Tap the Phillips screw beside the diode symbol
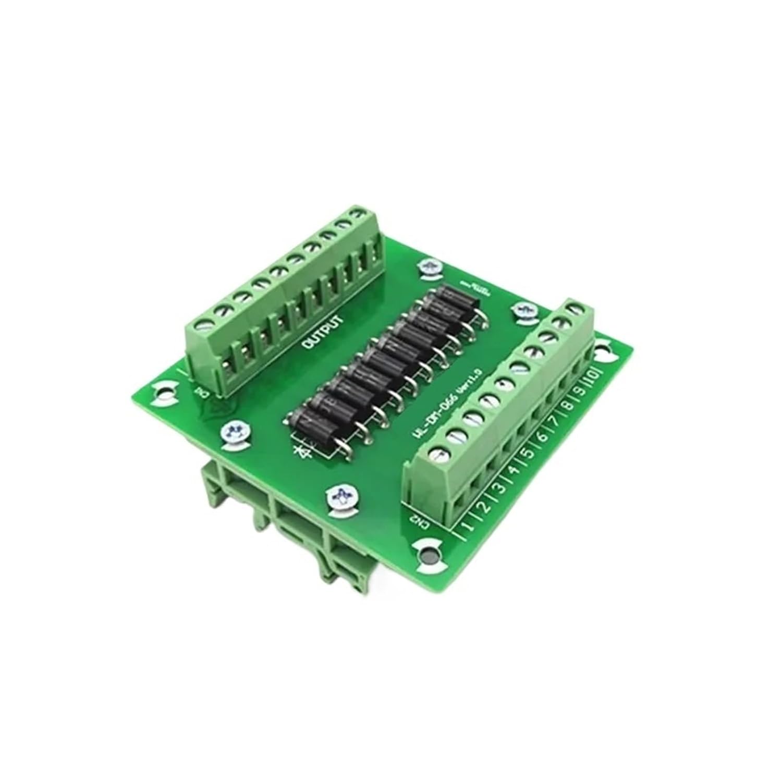[233, 432]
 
